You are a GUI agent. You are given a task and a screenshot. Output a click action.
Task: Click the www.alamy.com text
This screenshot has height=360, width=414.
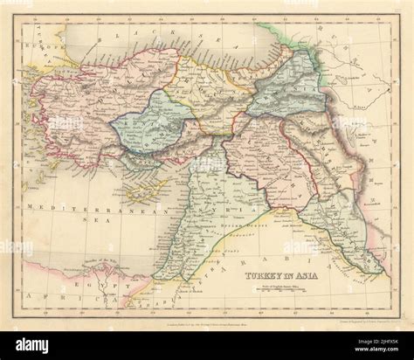tap(367, 347)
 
